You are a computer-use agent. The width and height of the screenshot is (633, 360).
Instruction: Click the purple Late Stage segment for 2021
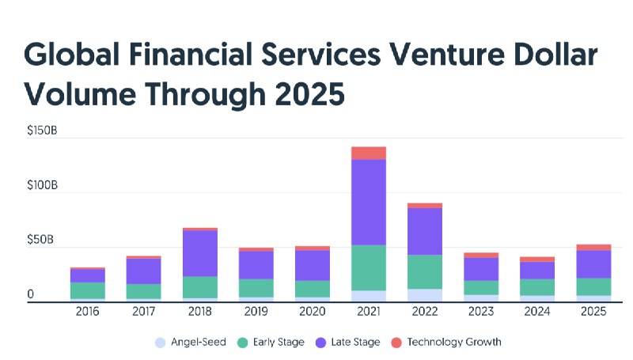(x=368, y=202)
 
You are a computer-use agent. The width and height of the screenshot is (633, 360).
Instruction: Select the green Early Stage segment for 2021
(x=368, y=267)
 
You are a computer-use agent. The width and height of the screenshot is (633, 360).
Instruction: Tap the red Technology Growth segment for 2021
(x=368, y=153)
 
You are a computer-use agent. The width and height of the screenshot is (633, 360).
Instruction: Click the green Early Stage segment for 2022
(x=425, y=271)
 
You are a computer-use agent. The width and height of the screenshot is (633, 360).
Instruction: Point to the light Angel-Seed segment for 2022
(x=425, y=294)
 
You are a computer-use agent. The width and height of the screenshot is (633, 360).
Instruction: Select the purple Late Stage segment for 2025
(x=593, y=263)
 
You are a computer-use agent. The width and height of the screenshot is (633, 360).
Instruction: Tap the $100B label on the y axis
(x=41, y=184)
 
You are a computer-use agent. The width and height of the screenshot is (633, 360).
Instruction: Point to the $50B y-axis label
(x=41, y=239)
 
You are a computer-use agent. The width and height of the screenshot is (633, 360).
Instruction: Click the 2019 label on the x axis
(x=256, y=313)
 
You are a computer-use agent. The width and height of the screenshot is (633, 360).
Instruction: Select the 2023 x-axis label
(x=481, y=313)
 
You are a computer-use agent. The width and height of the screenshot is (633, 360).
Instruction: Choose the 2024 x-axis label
(x=537, y=313)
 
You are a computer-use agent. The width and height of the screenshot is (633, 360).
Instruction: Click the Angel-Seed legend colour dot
(x=161, y=343)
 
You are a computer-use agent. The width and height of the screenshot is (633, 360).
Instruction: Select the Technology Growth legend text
(x=454, y=343)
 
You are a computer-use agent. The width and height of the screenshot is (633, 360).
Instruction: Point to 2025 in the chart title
(x=305, y=94)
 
